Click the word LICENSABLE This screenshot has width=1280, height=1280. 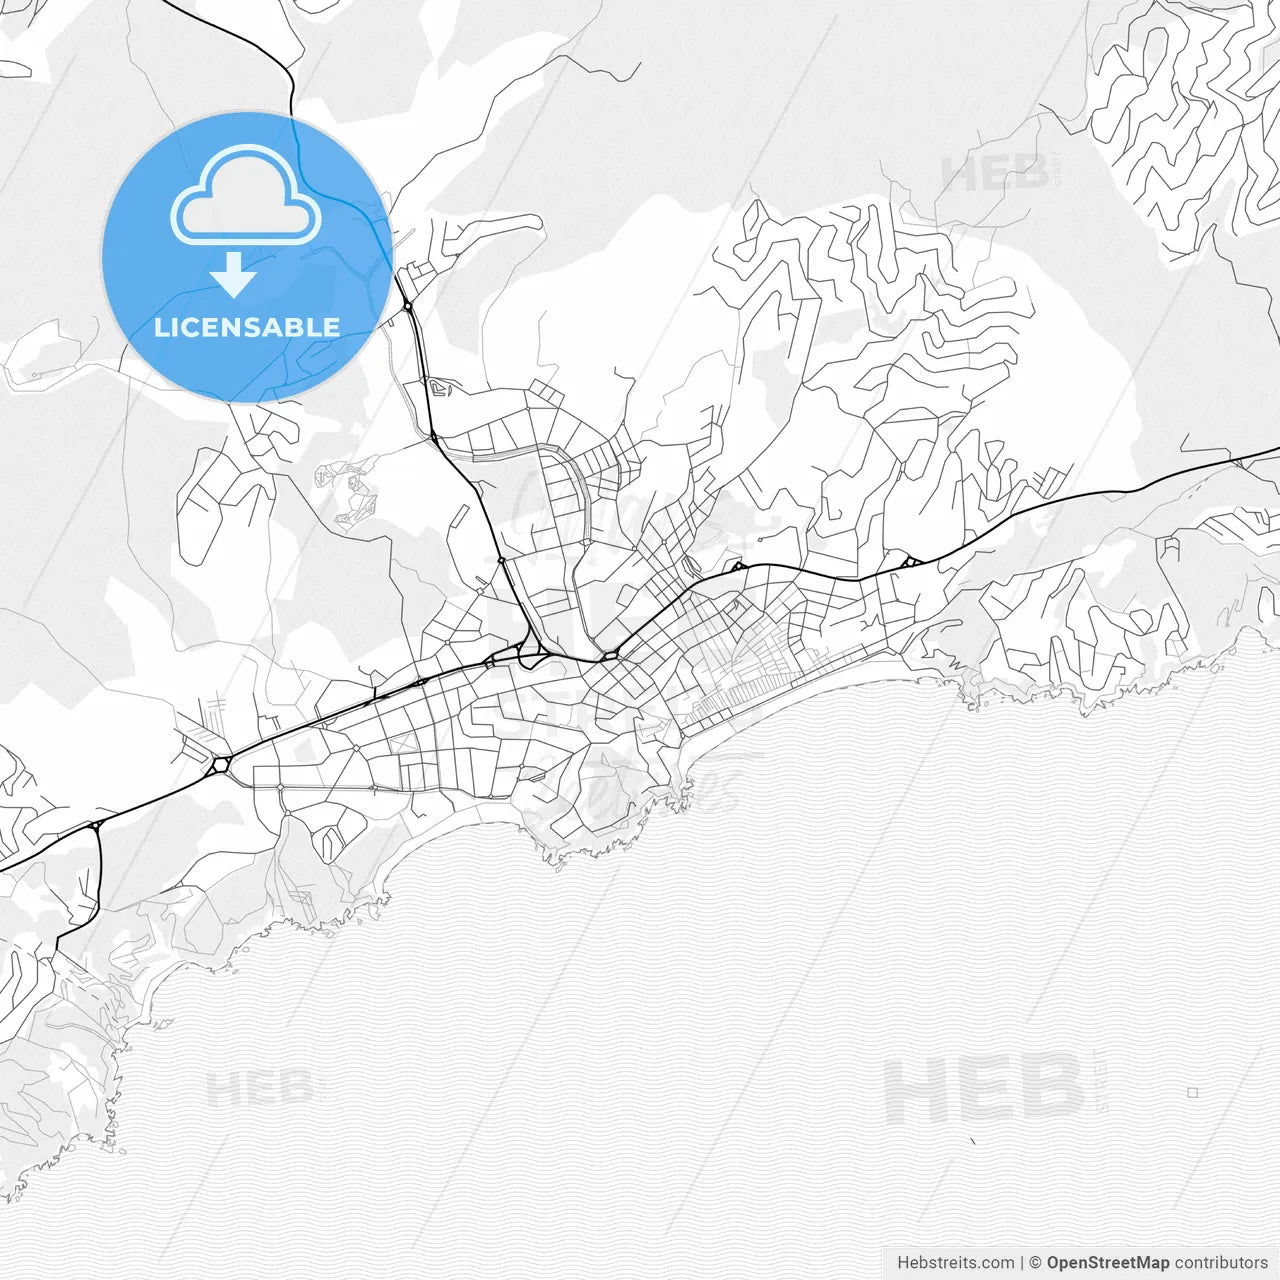[x=247, y=327]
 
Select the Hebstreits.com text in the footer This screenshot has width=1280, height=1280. [x=955, y=1263]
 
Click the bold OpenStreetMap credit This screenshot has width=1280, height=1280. [x=1107, y=1263]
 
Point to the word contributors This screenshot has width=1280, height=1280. [x=1220, y=1263]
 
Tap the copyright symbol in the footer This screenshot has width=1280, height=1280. [x=1035, y=1263]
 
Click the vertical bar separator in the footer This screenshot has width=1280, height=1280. [x=1021, y=1263]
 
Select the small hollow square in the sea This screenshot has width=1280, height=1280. [x=1192, y=1092]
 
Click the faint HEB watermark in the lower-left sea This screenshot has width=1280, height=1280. [x=260, y=1088]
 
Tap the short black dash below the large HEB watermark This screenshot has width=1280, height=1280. [x=972, y=1140]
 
